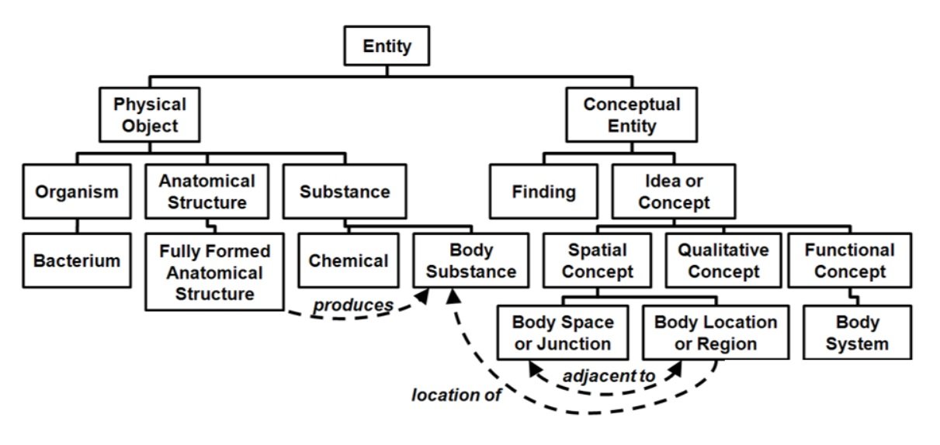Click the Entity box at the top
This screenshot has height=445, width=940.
click(387, 47)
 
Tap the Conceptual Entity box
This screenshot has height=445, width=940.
click(631, 114)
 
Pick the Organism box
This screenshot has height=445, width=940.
click(77, 191)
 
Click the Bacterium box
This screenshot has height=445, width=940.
click(77, 260)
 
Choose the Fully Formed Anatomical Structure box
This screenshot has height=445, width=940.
click(215, 273)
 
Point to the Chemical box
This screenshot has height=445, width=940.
click(348, 260)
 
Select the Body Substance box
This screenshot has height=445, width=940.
click(471, 261)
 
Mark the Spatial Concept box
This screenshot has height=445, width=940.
click(597, 261)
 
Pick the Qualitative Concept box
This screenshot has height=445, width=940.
click(723, 261)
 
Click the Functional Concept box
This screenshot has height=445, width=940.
click(849, 261)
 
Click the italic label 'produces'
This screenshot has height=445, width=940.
click(352, 305)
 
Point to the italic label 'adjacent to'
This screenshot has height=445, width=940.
click(609, 375)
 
